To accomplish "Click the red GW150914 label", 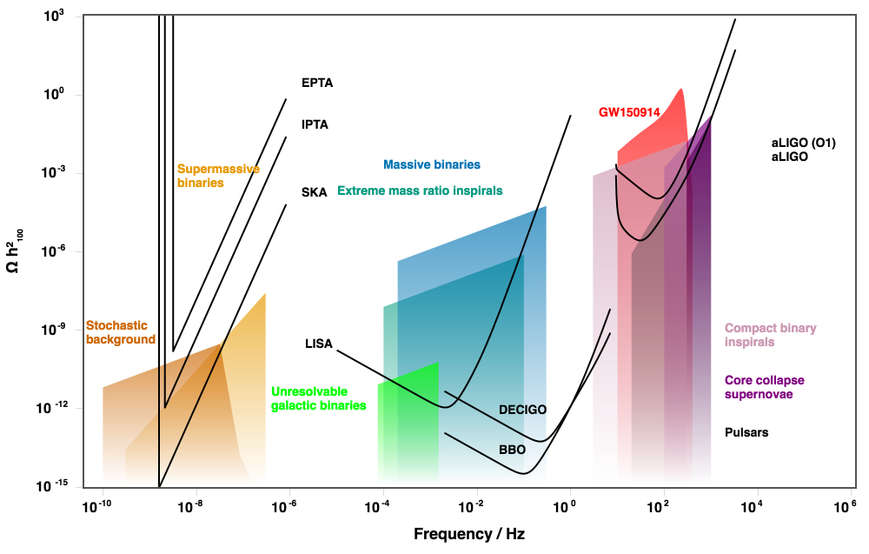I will point(629,112).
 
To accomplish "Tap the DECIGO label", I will point(522,410).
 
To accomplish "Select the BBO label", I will point(513,450).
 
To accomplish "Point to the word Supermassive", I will point(218,169).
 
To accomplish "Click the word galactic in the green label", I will point(293,405).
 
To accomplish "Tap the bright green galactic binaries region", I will point(408,426).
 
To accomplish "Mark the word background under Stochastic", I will point(121,340).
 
